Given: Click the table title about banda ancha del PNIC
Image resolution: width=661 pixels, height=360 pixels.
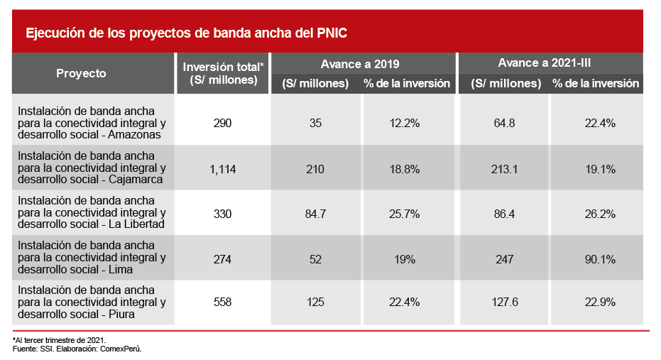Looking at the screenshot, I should click(186, 33).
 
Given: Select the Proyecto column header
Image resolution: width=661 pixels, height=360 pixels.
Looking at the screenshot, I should click(81, 73).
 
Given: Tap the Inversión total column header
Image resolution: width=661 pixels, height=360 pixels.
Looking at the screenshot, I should click(223, 73).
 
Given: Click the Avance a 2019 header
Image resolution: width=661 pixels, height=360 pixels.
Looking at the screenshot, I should click(364, 63).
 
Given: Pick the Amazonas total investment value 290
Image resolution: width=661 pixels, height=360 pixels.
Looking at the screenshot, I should click(222, 123).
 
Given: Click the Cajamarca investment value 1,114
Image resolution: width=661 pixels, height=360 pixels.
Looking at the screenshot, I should click(222, 169).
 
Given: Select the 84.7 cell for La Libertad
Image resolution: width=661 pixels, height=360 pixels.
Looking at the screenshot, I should click(315, 213).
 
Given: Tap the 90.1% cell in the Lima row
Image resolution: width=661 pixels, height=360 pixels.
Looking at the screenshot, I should click(599, 260).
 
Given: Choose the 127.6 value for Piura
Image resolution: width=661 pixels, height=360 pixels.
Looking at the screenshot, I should click(505, 302).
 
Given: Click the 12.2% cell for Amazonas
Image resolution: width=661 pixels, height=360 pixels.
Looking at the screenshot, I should click(406, 123).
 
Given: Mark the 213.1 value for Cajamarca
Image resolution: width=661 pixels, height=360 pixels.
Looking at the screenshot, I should click(505, 169).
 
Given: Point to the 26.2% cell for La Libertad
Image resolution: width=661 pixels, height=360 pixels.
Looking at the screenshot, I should click(599, 213).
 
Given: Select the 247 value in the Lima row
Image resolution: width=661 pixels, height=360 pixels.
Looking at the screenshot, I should click(505, 260).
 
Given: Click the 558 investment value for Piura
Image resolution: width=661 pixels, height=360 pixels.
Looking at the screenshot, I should click(222, 302).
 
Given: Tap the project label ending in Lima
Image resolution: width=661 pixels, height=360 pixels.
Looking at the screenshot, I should click(92, 258).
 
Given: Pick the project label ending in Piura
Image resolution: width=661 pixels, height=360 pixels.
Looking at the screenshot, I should click(92, 302).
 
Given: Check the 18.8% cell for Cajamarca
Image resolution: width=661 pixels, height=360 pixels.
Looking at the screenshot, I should click(406, 169).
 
